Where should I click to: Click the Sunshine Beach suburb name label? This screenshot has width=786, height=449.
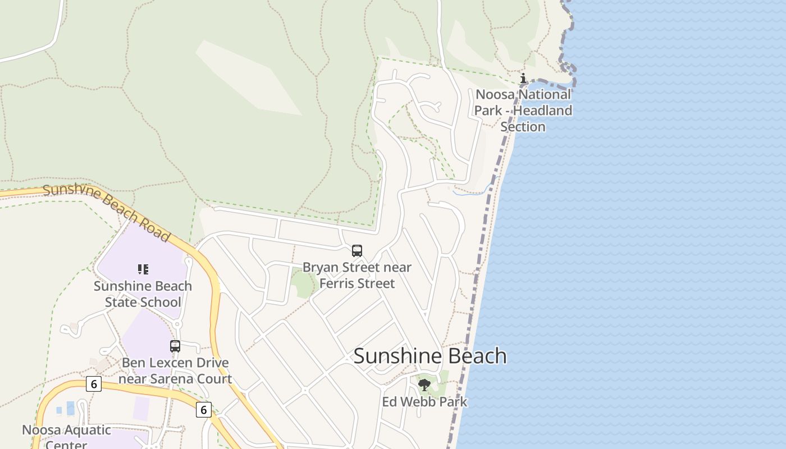[x=430, y=356]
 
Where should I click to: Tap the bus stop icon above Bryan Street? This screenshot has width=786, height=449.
[x=357, y=251]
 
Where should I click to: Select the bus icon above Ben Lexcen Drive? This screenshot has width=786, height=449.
[x=175, y=346]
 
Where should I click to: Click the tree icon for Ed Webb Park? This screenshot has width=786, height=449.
[x=424, y=384]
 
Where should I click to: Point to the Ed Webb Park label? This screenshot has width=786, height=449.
[x=424, y=402]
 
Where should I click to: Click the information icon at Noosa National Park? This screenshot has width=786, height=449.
[x=523, y=78]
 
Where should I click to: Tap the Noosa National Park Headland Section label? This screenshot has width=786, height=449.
[x=523, y=111]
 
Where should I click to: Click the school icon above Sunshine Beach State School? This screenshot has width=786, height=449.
[x=143, y=269]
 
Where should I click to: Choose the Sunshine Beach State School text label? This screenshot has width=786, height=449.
[x=143, y=294]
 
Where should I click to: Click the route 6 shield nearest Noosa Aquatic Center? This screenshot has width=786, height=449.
[x=94, y=384]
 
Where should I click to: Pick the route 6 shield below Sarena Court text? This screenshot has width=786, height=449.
[x=203, y=410]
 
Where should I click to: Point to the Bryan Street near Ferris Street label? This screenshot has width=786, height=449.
[x=357, y=275]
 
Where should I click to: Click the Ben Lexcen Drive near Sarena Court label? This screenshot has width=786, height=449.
[x=175, y=370]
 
